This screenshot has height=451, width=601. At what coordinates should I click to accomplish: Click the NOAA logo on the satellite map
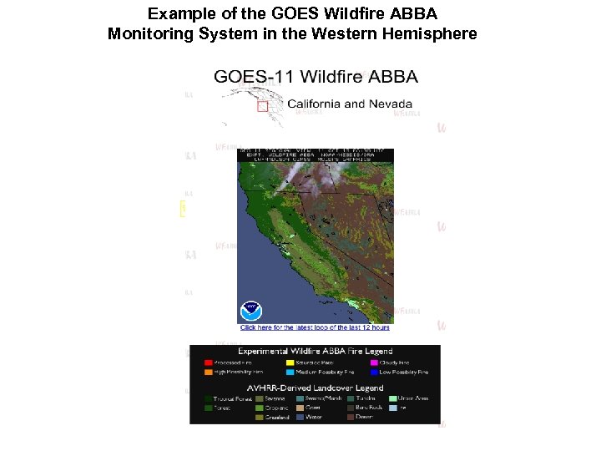[x=251, y=310]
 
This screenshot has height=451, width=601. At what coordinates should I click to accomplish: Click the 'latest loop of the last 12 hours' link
[x=316, y=327]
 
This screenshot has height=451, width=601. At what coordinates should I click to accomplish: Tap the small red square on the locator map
[x=262, y=106]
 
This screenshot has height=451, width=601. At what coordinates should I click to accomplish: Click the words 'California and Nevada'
[x=350, y=104]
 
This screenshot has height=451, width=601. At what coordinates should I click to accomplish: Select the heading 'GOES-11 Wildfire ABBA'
[x=316, y=78]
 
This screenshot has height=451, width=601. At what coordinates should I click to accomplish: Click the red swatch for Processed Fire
[x=208, y=362]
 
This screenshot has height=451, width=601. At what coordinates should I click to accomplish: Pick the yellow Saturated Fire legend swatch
[x=290, y=362]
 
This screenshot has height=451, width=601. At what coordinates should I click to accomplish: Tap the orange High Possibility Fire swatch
[x=208, y=372]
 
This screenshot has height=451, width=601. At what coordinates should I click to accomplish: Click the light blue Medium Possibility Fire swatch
[x=290, y=372]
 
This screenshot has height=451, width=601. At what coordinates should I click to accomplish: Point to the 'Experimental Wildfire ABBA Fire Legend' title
[x=315, y=352]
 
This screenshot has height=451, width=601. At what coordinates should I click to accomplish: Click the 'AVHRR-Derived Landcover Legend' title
[x=315, y=388]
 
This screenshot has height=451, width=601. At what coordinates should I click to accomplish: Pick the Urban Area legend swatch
[x=393, y=398]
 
